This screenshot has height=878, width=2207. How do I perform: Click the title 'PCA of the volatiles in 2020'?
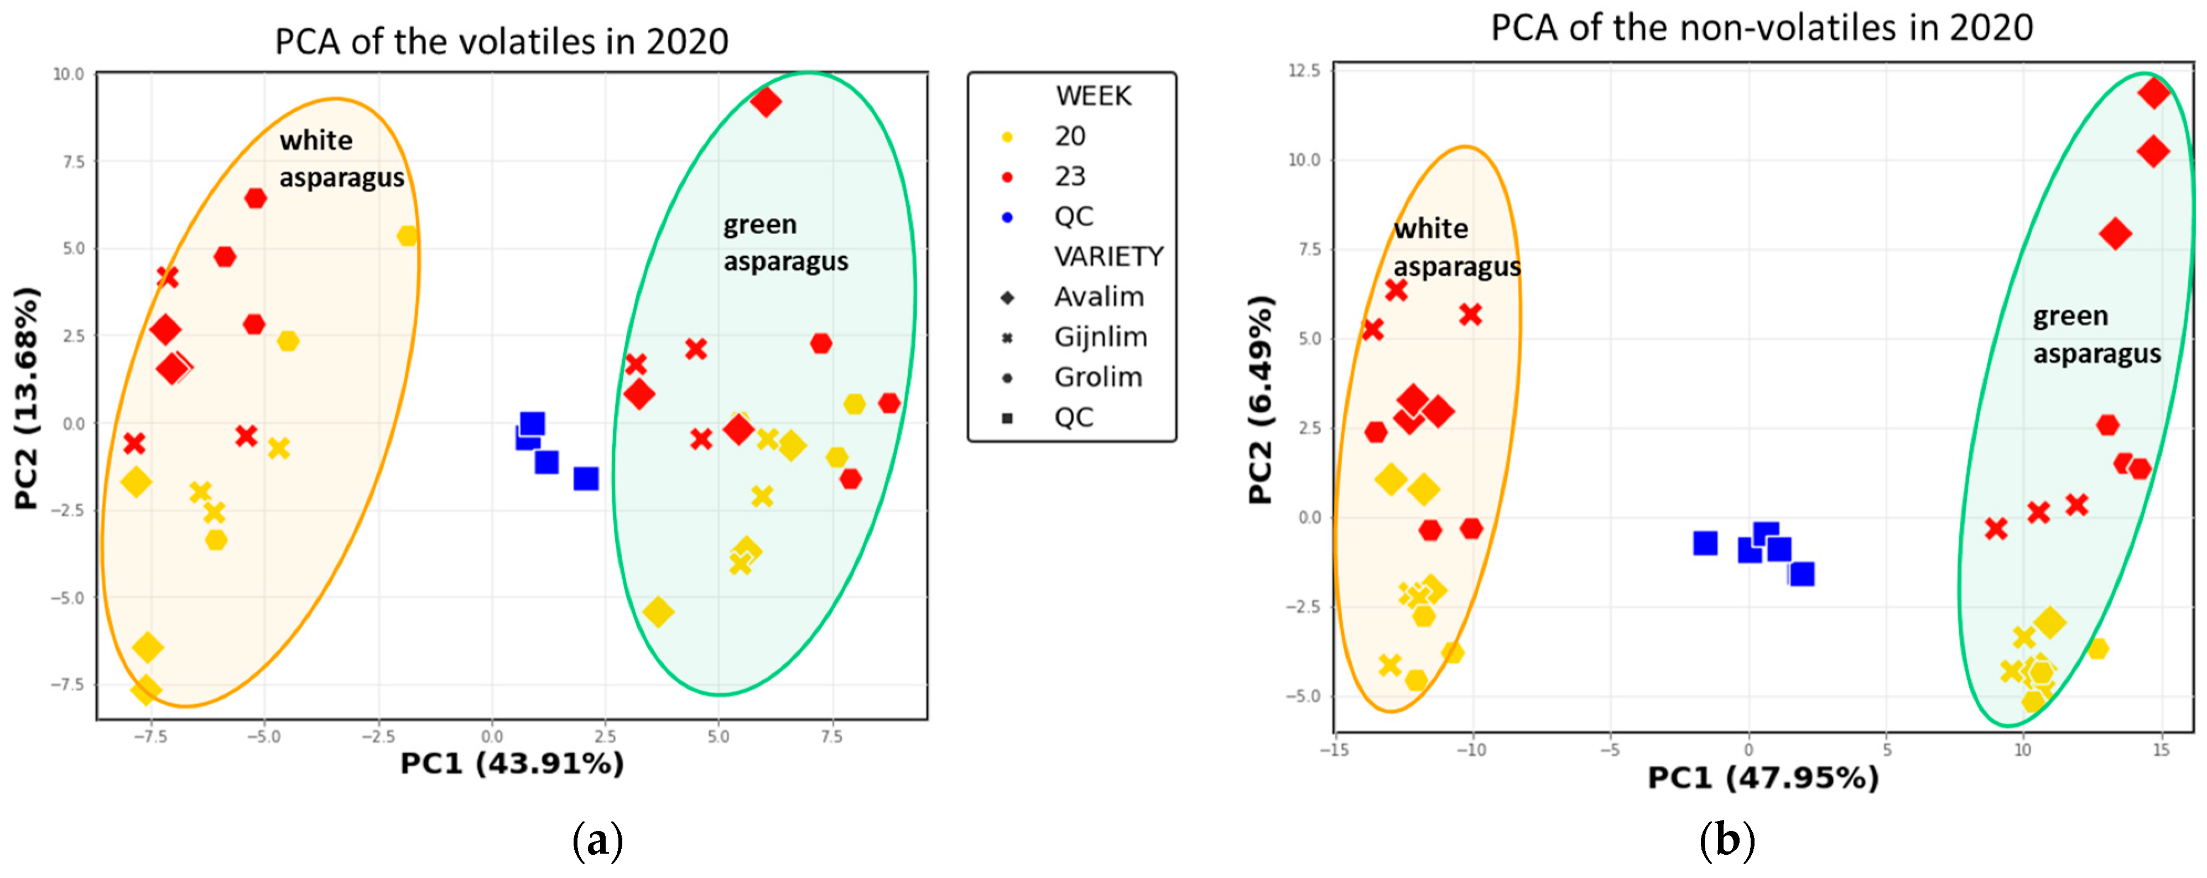(x=501, y=41)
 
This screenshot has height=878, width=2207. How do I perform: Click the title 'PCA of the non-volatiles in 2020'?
(x=1762, y=28)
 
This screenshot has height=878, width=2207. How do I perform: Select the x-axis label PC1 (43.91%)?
(x=512, y=763)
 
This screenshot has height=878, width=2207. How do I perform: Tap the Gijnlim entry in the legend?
(x=1100, y=336)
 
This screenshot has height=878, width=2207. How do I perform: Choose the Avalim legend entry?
(x=1099, y=297)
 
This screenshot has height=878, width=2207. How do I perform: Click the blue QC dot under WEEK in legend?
(x=1008, y=217)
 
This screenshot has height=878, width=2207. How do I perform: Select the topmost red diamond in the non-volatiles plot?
(x=2153, y=92)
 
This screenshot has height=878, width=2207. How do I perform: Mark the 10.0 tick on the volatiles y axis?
(x=69, y=75)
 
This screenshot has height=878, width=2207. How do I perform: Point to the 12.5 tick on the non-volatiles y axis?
(x=1304, y=69)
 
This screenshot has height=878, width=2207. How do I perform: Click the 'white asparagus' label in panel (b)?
(x=1456, y=247)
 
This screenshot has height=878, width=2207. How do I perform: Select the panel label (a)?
(x=597, y=840)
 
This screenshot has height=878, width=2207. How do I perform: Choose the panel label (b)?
(x=1726, y=840)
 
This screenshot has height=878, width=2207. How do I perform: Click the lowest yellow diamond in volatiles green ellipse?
(x=658, y=611)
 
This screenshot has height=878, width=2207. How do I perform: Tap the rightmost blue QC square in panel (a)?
(x=586, y=478)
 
